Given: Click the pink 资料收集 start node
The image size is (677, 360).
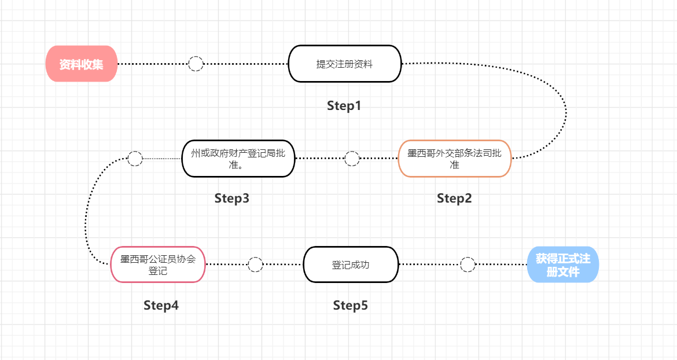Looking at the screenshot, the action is coord(82,64).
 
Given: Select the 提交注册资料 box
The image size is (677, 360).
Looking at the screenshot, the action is coord(344,64).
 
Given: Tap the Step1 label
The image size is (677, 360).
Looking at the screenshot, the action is coord(344,105).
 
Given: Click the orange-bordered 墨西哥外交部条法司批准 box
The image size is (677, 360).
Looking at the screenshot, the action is coord(455,159).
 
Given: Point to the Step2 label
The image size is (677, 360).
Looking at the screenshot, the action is coord(454,198).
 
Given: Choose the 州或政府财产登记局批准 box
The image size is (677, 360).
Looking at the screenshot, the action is coord(238,159).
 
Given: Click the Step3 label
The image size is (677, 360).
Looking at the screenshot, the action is coord(232,198).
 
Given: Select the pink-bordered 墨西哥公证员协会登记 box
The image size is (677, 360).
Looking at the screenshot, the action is coord(157,265).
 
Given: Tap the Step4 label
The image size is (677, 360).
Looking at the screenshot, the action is coord(161,305).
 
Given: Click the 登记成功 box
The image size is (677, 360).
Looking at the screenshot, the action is coord(351,265).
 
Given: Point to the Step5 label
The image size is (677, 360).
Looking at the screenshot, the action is coord(350,305).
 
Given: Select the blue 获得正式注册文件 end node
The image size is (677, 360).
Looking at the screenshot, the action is coord(563,265).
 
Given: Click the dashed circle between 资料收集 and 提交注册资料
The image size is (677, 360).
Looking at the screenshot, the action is coord(196,64).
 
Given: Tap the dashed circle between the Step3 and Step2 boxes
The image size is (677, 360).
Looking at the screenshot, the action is coord(352,159).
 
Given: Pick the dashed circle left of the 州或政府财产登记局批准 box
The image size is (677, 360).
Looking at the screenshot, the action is coord(135,159).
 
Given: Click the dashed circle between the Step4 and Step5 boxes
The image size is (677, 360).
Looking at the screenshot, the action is coord(255,265).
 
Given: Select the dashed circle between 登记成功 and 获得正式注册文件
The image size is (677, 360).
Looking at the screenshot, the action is coord(468,265).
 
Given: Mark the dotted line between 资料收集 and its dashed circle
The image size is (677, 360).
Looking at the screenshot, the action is coord(153,64).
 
